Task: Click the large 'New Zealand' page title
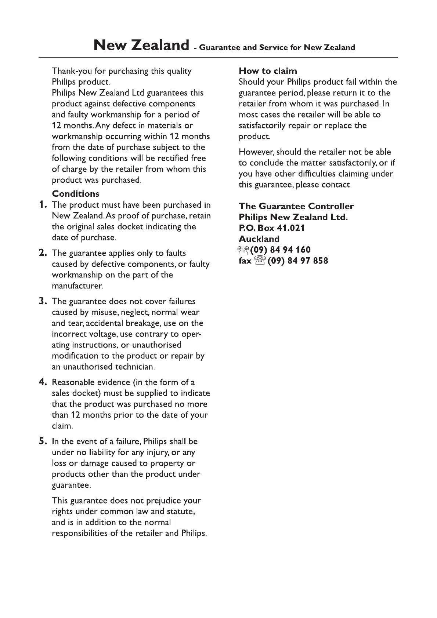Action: (141, 46)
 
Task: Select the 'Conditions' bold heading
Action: (76, 194)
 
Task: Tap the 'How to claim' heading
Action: (268, 71)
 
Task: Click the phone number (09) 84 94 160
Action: (281, 250)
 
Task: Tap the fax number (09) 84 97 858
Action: (298, 261)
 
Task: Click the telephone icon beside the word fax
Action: (260, 261)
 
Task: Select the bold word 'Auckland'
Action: (259, 239)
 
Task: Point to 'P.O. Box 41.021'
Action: (272, 228)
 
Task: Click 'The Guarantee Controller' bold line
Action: (296, 206)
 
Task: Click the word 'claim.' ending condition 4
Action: (62, 426)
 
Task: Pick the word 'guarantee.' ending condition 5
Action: (71, 485)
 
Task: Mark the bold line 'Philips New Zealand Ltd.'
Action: (293, 217)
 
